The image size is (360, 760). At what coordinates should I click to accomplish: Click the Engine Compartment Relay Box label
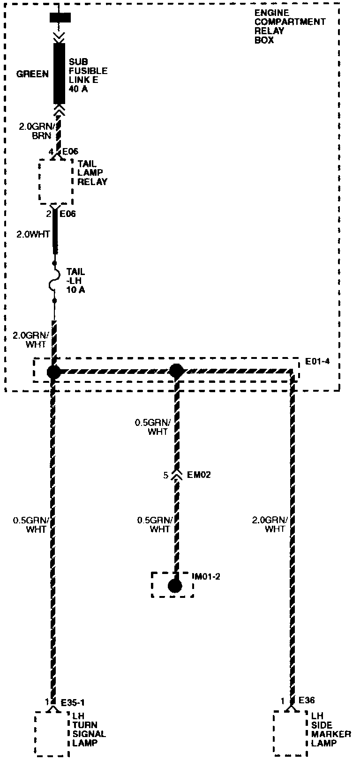[290, 26]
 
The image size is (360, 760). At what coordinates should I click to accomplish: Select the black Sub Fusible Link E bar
[60, 74]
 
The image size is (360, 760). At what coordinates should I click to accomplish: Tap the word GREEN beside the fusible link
[32, 74]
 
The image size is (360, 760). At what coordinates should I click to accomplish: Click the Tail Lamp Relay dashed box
[56, 181]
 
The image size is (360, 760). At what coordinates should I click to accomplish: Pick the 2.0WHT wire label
[33, 234]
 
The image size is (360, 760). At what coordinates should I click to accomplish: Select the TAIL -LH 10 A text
[75, 281]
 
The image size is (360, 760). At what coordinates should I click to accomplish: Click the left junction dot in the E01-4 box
[53, 372]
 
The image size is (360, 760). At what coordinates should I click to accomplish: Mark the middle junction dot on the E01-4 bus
[176, 371]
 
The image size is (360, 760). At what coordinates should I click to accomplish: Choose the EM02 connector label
[199, 475]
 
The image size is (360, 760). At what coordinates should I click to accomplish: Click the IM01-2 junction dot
[175, 586]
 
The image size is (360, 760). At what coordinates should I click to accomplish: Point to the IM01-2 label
[206, 576]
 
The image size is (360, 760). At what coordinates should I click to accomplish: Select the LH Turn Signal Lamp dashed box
[52, 733]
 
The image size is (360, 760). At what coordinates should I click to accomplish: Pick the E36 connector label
[307, 700]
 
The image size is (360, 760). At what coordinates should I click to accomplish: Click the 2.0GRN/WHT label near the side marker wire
[269, 524]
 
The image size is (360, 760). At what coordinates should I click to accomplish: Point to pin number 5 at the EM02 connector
[165, 476]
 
